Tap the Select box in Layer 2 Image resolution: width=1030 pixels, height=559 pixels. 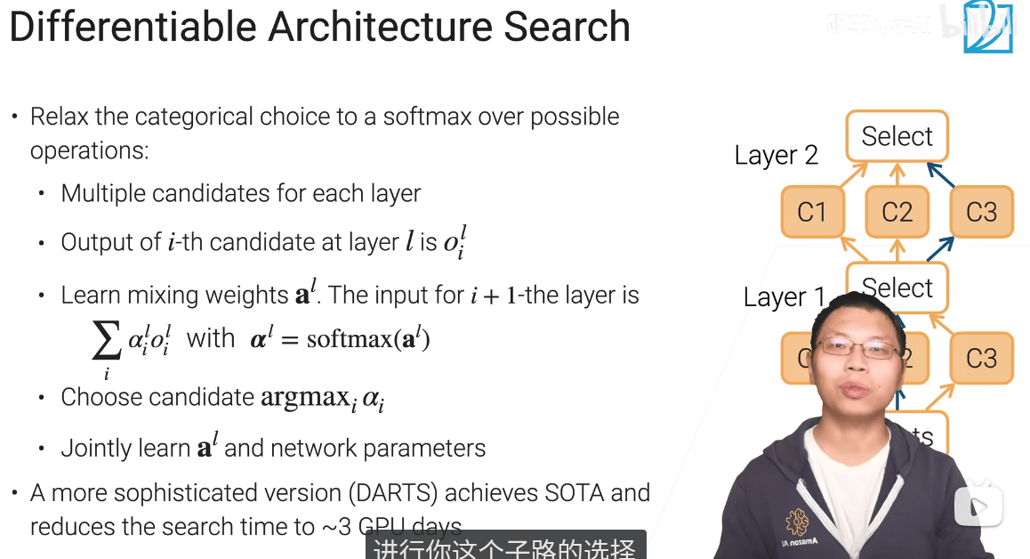click(x=897, y=136)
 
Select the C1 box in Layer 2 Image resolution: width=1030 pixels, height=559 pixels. click(x=811, y=212)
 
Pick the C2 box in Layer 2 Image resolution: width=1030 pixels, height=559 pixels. click(x=897, y=212)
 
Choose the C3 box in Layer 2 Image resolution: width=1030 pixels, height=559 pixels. click(x=981, y=212)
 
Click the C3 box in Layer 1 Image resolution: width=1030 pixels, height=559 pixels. click(x=981, y=358)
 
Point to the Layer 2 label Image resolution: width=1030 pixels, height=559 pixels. click(x=776, y=156)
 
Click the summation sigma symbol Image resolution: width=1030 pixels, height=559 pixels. click(x=106, y=340)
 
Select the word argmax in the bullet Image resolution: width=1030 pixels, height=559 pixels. click(x=302, y=397)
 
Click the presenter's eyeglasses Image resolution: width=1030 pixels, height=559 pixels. click(x=859, y=348)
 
